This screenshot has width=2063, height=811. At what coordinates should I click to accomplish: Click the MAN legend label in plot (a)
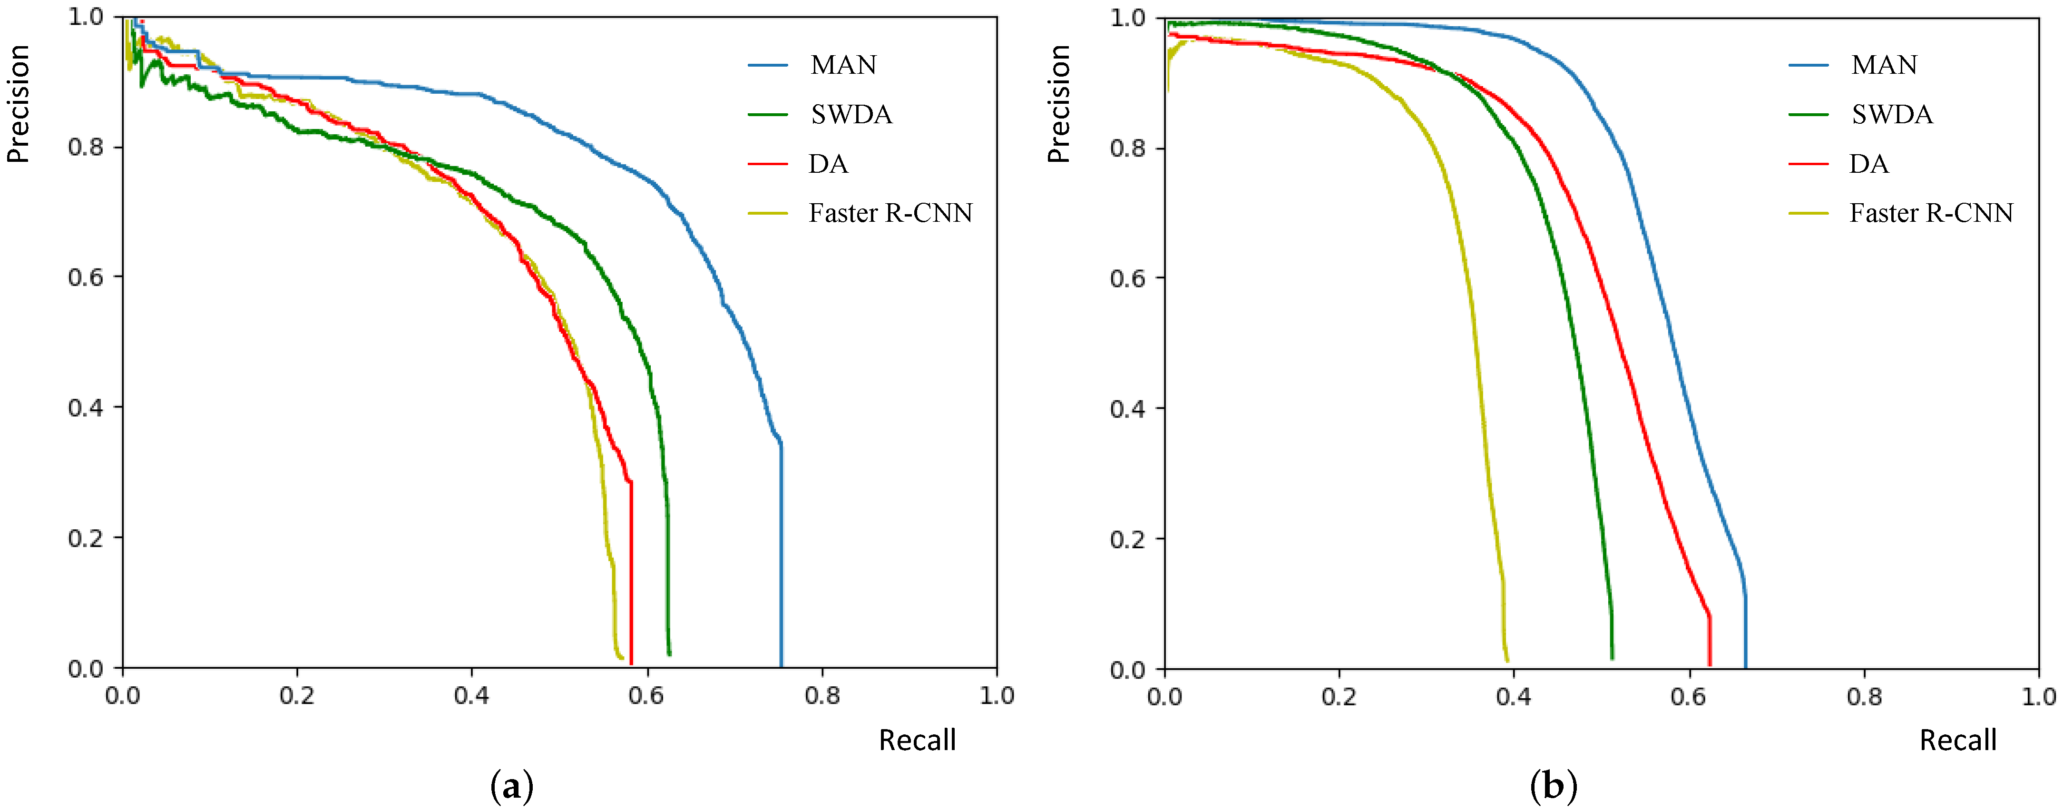pos(843,65)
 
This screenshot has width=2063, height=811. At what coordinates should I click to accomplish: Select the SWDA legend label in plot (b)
pos(1892,115)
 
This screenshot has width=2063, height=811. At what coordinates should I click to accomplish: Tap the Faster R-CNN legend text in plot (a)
pos(890,213)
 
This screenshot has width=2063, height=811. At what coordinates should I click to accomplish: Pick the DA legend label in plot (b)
pos(1868,164)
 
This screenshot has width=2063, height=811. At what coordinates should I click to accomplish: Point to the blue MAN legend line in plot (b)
pos(1809,65)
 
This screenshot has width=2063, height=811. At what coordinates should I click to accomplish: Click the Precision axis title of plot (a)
pos(18,104)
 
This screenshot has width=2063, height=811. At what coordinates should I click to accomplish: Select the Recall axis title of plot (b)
pos(1957,740)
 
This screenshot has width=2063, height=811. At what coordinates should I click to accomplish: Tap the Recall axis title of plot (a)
pos(917,740)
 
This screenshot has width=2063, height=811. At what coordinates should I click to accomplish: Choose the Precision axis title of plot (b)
pos(1059,104)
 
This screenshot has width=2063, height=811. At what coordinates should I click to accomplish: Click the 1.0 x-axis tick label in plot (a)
pos(996,695)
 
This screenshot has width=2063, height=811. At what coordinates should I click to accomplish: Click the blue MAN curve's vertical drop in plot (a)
pos(781,561)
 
